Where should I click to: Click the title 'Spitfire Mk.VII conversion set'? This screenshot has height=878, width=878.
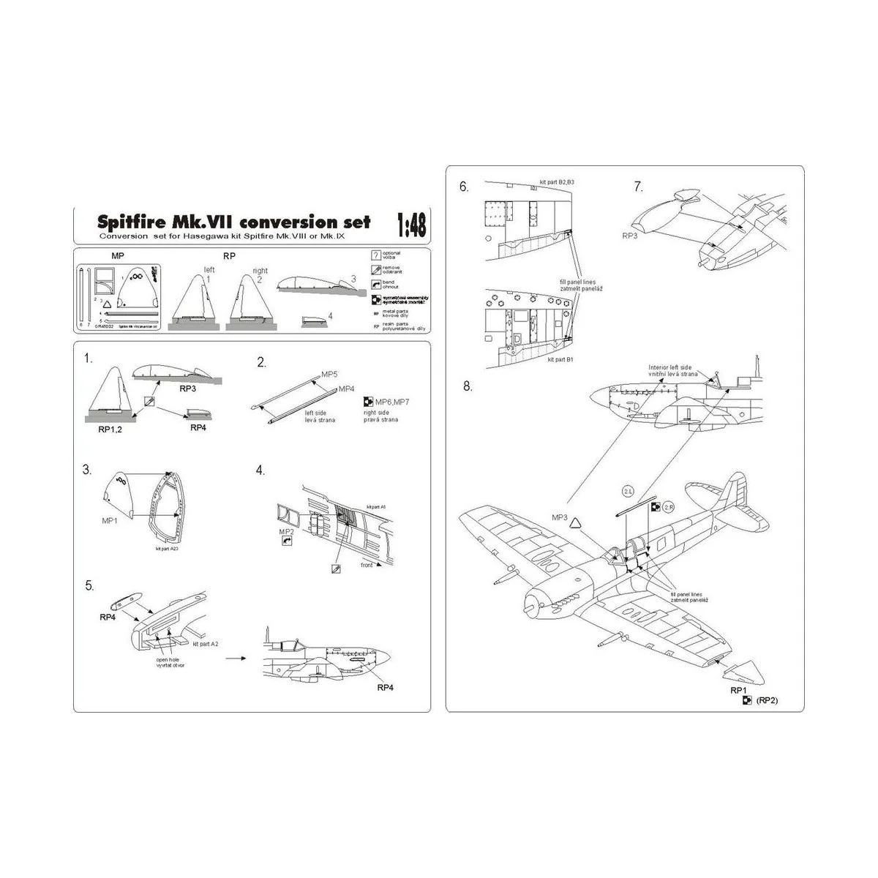click(x=234, y=222)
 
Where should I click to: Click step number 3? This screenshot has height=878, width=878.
click(x=89, y=469)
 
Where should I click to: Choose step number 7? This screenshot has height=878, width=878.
click(x=638, y=187)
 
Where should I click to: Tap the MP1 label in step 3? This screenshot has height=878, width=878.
click(x=111, y=521)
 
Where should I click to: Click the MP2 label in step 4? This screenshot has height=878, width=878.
click(x=285, y=531)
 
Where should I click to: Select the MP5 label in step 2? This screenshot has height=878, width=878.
click(x=329, y=374)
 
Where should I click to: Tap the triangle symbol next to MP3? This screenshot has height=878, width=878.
click(x=575, y=522)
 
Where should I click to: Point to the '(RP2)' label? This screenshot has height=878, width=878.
click(x=768, y=699)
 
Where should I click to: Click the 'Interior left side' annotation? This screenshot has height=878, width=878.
click(x=669, y=367)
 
